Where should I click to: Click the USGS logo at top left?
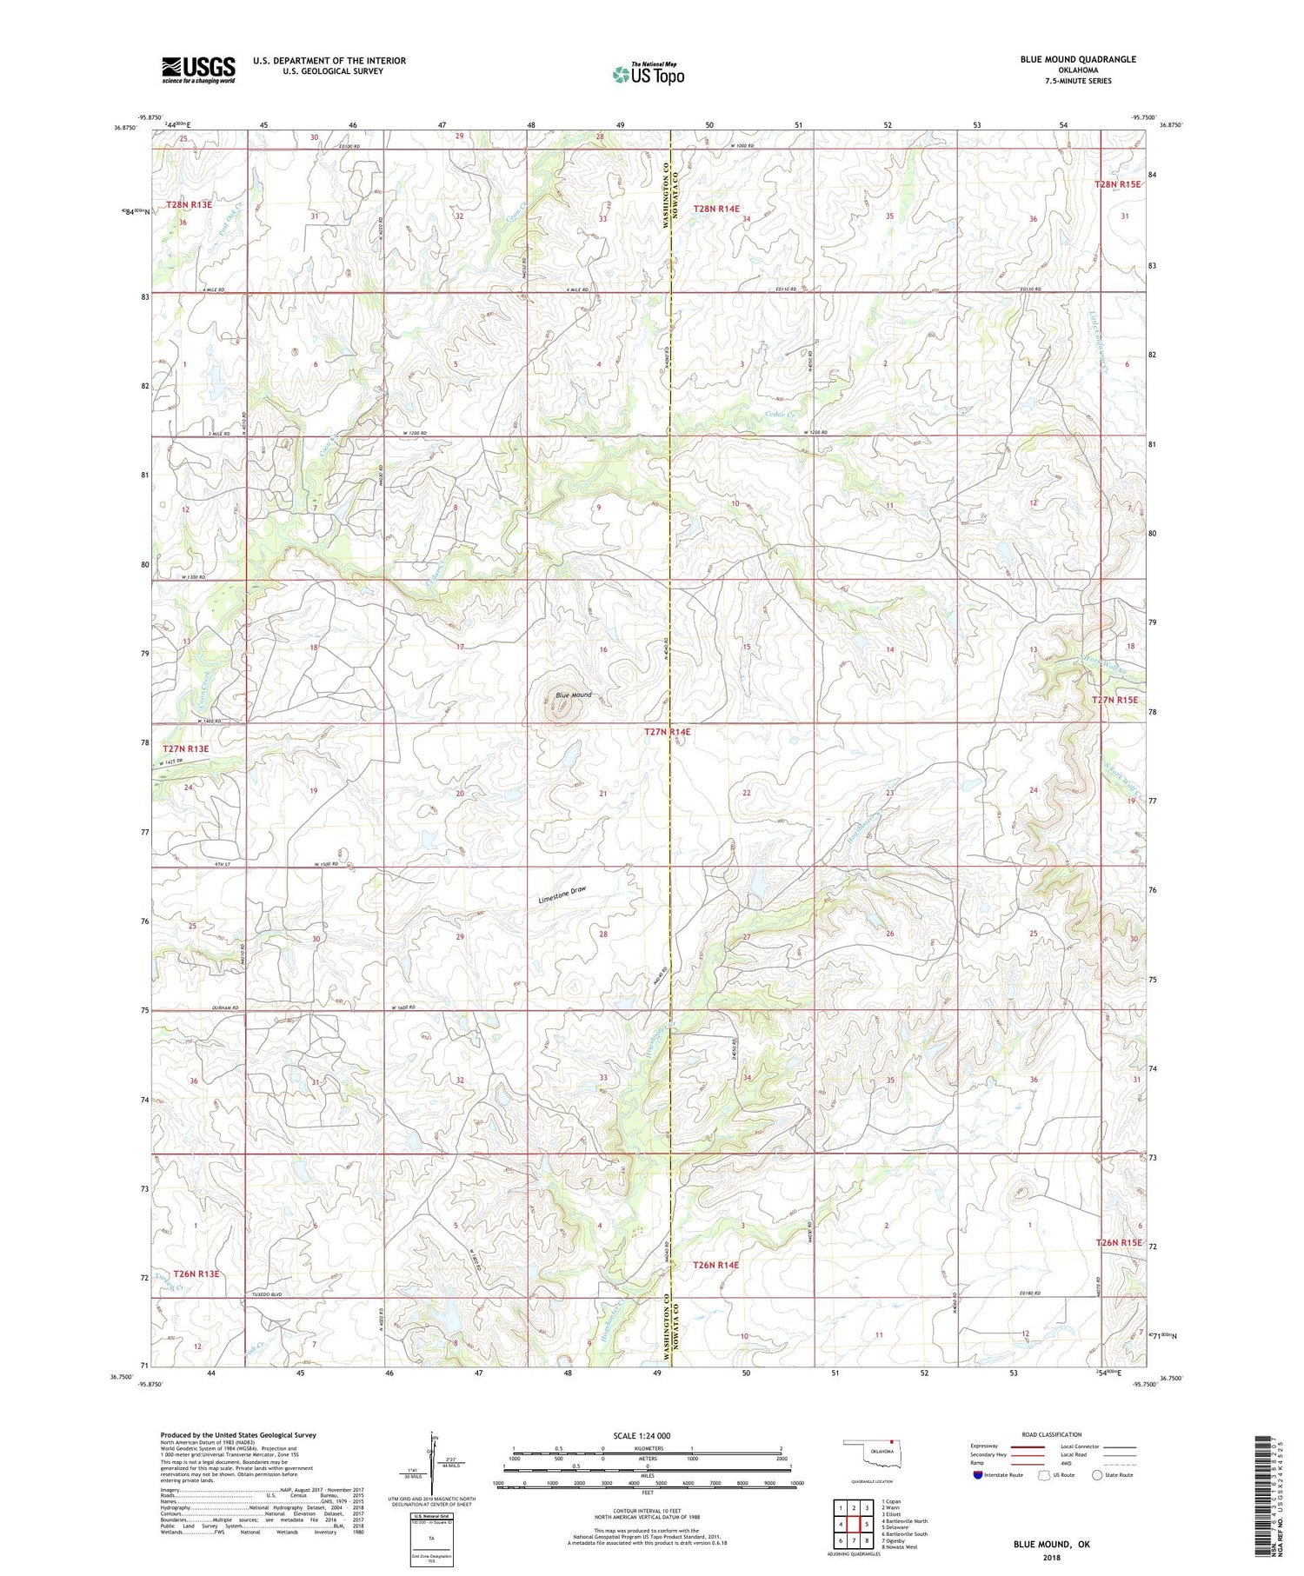pos(198,70)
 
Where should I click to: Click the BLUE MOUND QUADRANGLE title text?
pos(1078,59)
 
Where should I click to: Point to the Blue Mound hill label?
pos(573,695)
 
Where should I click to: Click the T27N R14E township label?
pos(667,732)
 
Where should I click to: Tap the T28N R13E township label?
pos(189,204)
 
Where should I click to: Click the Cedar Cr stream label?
pos(780,416)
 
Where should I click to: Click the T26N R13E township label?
pos(196,1273)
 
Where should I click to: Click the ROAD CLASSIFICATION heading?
pos(1052,1434)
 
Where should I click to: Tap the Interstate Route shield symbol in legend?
pos(978,1475)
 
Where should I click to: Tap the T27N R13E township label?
pos(185,748)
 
